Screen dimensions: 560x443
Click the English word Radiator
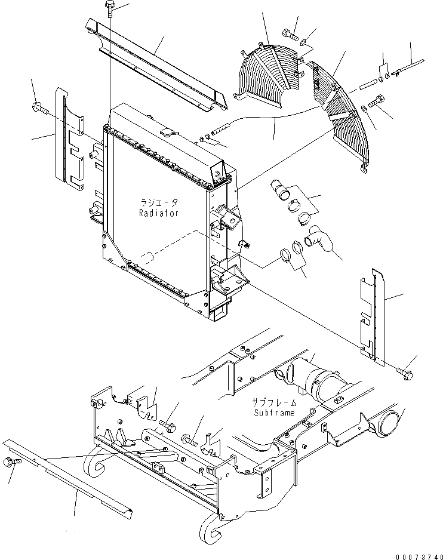click(158, 213)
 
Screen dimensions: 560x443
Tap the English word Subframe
click(272, 413)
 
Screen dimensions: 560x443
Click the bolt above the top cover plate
click(110, 9)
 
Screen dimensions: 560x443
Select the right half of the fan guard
click(340, 113)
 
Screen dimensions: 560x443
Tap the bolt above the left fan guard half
click(286, 33)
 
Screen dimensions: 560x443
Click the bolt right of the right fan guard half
click(377, 101)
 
